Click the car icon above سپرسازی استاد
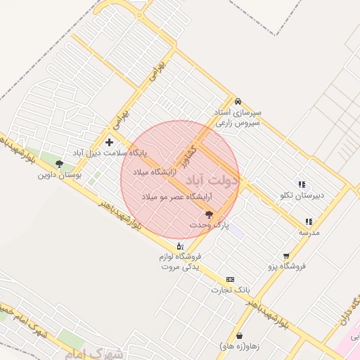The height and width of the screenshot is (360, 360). click(238, 101)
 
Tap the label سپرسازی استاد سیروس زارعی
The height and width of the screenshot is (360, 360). click(238, 117)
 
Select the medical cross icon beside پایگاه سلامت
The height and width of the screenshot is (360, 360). click(109, 142)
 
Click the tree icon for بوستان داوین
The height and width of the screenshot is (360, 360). click(59, 164)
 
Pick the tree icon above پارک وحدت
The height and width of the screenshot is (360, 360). click(209, 214)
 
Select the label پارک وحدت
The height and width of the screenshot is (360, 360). click(209, 224)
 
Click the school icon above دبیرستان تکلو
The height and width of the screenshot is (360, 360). click(302, 184)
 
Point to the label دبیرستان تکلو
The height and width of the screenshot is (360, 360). click(302, 195)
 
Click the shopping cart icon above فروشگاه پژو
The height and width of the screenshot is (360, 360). click(286, 256)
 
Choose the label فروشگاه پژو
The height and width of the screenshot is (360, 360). click(286, 266)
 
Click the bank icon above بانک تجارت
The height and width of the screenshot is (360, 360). click(231, 279)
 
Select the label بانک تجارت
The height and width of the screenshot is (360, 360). click(231, 290)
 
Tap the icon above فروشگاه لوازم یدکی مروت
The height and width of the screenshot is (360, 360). click(180, 246)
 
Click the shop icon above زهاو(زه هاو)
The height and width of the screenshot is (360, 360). click(241, 336)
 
